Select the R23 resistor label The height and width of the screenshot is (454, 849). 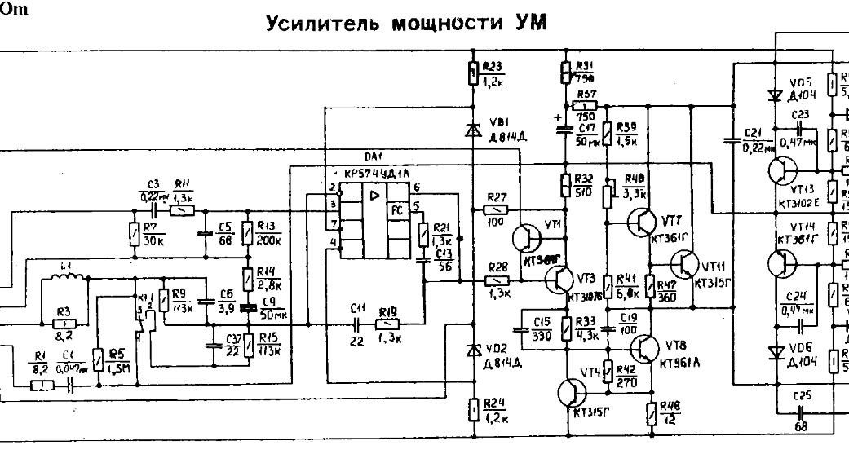pyautogui.click(x=493, y=66)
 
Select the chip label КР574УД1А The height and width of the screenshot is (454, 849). pyautogui.click(x=377, y=174)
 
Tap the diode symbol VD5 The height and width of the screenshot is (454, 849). pyautogui.click(x=776, y=95)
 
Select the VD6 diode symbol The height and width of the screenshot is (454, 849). pyautogui.click(x=776, y=352)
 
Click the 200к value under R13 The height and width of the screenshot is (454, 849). pyautogui.click(x=269, y=240)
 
